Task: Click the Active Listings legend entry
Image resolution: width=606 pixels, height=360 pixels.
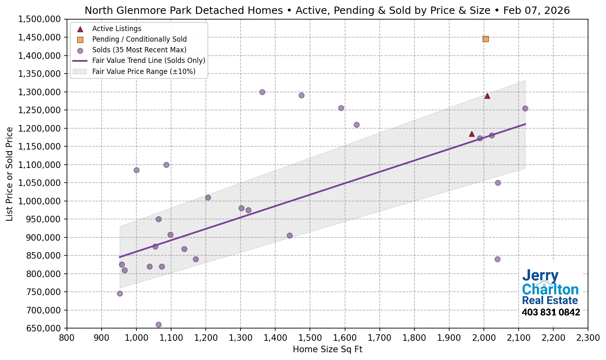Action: [x=116, y=29]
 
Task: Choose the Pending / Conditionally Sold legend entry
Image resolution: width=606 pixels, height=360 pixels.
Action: [x=139, y=39]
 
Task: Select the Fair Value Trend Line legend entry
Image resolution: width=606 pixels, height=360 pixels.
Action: [x=148, y=60]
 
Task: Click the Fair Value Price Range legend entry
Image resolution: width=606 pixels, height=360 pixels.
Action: [x=143, y=72]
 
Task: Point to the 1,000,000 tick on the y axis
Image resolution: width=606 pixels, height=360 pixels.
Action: [x=39, y=201]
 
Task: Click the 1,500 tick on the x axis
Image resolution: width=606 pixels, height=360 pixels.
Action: [x=310, y=338]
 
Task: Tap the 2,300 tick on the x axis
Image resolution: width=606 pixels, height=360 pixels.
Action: [x=588, y=338]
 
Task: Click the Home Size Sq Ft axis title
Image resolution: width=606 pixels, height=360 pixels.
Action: [x=328, y=349]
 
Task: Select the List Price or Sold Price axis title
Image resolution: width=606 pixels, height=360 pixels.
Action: [x=9, y=174]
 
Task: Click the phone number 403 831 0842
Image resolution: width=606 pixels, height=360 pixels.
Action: [x=550, y=313]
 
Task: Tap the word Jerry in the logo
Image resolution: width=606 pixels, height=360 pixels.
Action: [x=540, y=276]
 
